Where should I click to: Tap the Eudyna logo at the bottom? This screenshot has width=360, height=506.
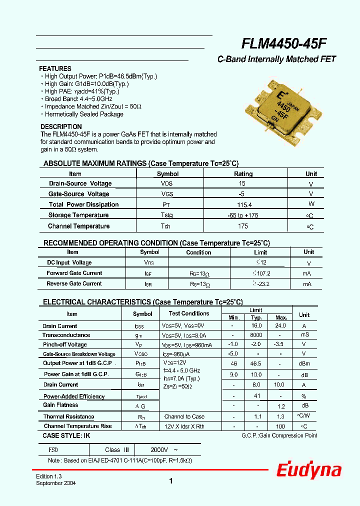(x=309, y=470)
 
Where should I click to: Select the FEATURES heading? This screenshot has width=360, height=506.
(x=55, y=68)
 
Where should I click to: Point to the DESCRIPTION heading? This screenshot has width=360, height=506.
(x=61, y=126)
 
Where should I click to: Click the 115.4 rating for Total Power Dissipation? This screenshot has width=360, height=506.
(x=243, y=204)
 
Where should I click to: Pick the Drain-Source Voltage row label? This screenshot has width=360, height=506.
(x=80, y=183)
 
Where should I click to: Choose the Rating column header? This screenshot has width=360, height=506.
(x=243, y=174)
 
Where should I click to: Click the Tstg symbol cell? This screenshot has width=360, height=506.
(x=167, y=215)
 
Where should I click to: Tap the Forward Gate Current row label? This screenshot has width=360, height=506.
(x=74, y=273)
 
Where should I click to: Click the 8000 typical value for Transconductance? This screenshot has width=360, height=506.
(x=256, y=335)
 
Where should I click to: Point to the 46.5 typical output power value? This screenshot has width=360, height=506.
(x=256, y=363)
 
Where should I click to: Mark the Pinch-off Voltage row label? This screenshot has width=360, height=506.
(x=64, y=344)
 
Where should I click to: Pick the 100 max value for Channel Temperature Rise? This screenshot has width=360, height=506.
(x=280, y=426)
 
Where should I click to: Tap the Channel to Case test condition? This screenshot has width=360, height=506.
(x=184, y=416)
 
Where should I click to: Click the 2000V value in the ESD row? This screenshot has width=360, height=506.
(x=161, y=449)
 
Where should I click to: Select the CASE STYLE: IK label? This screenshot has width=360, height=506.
(x=66, y=436)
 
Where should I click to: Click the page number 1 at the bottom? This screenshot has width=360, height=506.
(x=171, y=481)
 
